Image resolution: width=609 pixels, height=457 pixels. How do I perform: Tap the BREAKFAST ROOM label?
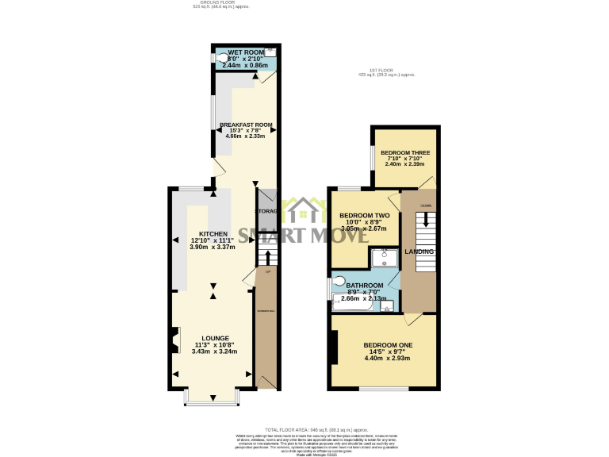pyautogui.click(x=246, y=125)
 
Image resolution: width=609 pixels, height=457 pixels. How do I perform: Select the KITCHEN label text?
pyautogui.click(x=213, y=234)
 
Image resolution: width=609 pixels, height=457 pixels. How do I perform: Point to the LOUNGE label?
pyautogui.click(x=216, y=338)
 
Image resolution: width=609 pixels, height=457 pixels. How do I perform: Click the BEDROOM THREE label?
pyautogui.click(x=404, y=152)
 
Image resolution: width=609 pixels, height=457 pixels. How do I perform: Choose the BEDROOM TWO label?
pyautogui.click(x=364, y=216)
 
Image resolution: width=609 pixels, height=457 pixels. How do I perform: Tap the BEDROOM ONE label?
pyautogui.click(x=388, y=345)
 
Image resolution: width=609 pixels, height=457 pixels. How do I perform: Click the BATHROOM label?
pyautogui.click(x=364, y=286)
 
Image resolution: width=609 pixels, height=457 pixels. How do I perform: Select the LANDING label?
pyautogui.click(x=419, y=252)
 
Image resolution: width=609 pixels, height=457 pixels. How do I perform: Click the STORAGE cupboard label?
pyautogui.click(x=266, y=211)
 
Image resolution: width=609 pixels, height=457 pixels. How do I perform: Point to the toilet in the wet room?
pyautogui.click(x=222, y=57)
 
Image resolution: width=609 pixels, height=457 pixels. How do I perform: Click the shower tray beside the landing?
pyautogui.click(x=385, y=257)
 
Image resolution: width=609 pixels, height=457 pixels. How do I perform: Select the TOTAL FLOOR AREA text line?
pyautogui.click(x=304, y=428)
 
